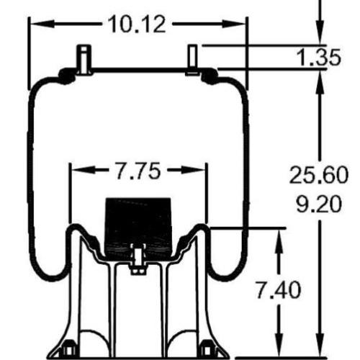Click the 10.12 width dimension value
tap(137, 24)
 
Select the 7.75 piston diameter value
tap(138, 171)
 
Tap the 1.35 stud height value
tap(319, 57)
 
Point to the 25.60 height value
tap(319, 175)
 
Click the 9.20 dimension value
tap(319, 204)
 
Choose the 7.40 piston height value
tap(279, 289)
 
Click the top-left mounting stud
tap(84, 60)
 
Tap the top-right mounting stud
tap(193, 60)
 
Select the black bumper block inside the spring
tap(138, 225)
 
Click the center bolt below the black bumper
tap(138, 261)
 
